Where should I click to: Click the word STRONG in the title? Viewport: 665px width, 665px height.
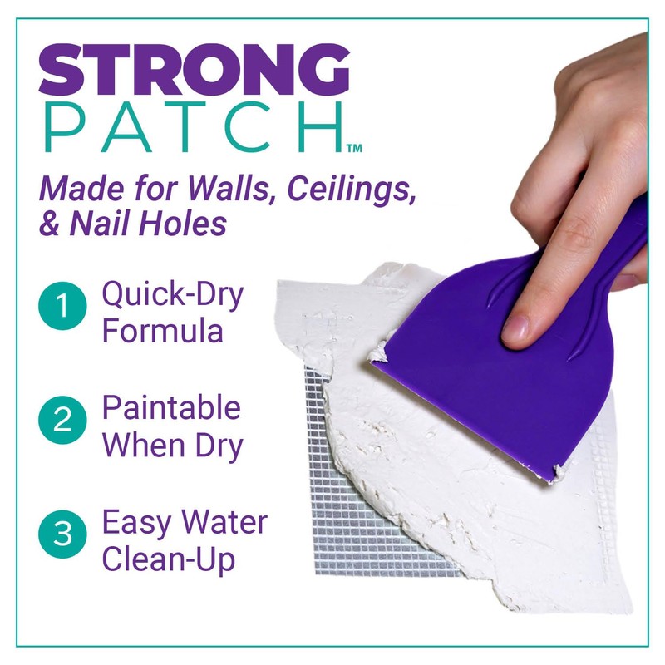pos(194,68)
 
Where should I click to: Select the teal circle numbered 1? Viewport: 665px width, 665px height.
pos(63,308)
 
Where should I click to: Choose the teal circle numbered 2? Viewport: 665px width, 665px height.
pos(63,421)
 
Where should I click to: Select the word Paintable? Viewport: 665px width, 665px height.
pos(171,407)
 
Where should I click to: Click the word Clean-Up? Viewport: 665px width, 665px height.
pos(169,559)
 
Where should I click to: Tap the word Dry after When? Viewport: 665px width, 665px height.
pos(218,446)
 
